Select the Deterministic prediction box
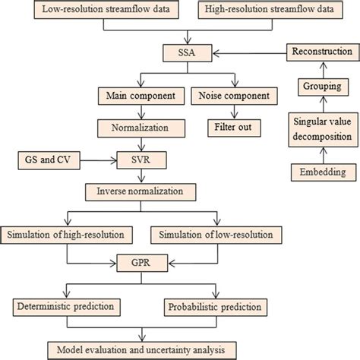[x=66, y=307]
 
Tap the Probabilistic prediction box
[x=215, y=307]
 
